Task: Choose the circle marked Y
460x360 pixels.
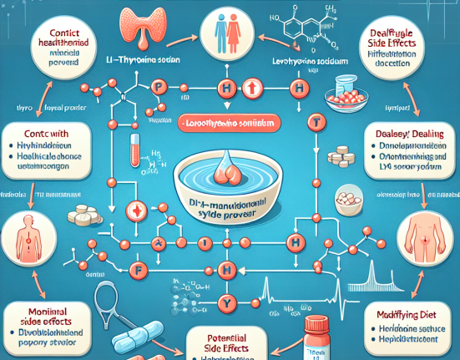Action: click(x=224, y=303)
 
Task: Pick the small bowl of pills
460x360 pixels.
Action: click(x=344, y=200)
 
